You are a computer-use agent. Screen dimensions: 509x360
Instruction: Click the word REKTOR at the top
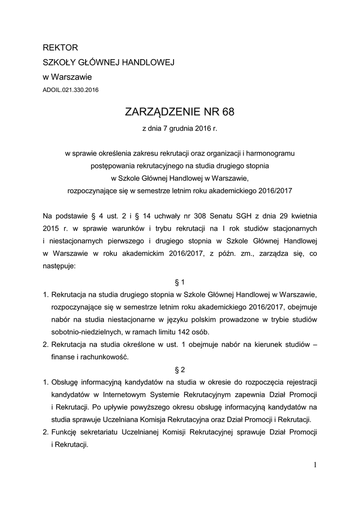(x=61, y=48)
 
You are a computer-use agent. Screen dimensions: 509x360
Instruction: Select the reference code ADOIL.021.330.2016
(x=71, y=90)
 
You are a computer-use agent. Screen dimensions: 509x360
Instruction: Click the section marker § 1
(x=180, y=282)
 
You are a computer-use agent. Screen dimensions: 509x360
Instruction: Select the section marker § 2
(x=180, y=370)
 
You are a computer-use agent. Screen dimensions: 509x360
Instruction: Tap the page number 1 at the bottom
(x=315, y=465)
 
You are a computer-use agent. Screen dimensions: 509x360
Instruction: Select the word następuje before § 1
(x=59, y=266)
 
